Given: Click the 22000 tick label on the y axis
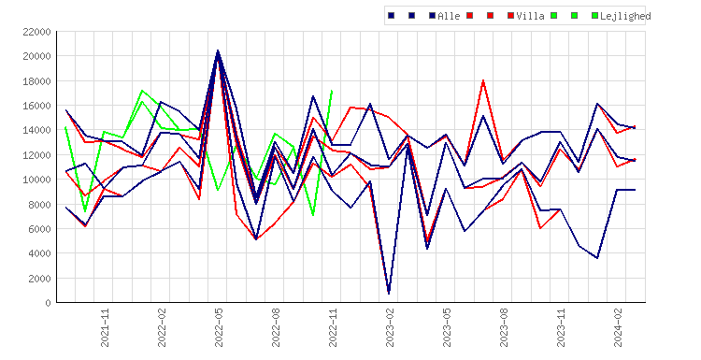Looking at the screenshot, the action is pyautogui.click(x=36, y=32).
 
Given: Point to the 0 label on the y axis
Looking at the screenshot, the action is pyautogui.click(x=48, y=303).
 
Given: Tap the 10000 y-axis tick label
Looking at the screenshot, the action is pyautogui.click(x=36, y=180).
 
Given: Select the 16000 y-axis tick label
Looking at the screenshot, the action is pyautogui.click(x=36, y=106).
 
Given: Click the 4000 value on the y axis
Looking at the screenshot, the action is pyautogui.click(x=39, y=253).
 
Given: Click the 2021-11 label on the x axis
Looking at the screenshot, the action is pyautogui.click(x=105, y=327).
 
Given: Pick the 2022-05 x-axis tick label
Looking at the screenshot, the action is pyautogui.click(x=219, y=327).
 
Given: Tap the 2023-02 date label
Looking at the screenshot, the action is pyautogui.click(x=390, y=327).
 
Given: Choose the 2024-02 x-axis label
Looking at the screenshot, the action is pyautogui.click(x=618, y=327).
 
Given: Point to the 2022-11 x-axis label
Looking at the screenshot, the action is pyautogui.click(x=333, y=327).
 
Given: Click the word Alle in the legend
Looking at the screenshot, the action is pyautogui.click(x=449, y=16).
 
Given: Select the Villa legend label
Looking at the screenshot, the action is pyautogui.click(x=530, y=16).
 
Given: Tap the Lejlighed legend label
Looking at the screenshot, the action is pyautogui.click(x=625, y=16).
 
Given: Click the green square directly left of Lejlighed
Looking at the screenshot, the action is pyautogui.click(x=594, y=16).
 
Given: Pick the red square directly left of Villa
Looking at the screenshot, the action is pyautogui.click(x=510, y=16).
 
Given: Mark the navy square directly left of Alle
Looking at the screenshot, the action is pyautogui.click(x=432, y=16).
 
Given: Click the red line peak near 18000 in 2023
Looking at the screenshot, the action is pyautogui.click(x=483, y=80).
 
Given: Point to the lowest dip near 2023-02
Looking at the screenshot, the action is pyautogui.click(x=389, y=294).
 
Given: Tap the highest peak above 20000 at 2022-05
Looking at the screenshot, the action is pyautogui.click(x=218, y=50).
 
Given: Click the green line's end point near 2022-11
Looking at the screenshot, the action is pyautogui.click(x=332, y=91).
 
